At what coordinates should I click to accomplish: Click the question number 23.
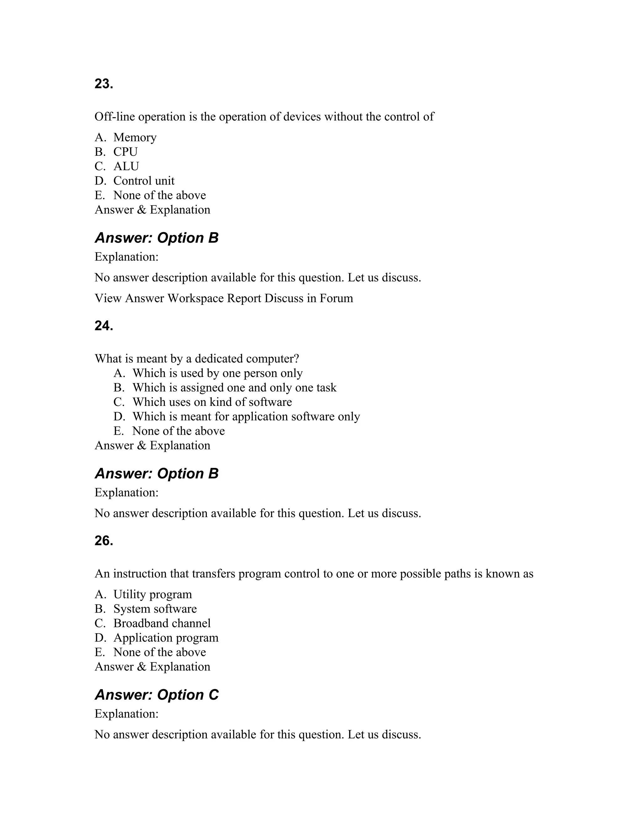point(104,84)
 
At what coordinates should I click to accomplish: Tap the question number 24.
point(104,326)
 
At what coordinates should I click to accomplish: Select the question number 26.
point(104,541)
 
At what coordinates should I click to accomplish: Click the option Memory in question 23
point(134,137)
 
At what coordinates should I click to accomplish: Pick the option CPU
point(125,152)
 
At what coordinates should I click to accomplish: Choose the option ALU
point(126,166)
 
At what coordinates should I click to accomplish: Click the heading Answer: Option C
point(157,695)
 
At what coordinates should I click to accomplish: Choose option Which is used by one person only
point(217,373)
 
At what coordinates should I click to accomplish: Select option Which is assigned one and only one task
point(234,388)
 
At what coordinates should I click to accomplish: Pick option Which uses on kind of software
point(212,402)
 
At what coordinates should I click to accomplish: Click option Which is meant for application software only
point(246,417)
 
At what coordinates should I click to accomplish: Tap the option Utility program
point(153,594)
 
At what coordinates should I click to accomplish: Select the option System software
point(155,609)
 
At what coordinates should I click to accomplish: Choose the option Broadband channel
point(162,623)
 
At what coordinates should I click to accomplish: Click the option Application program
point(166,638)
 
